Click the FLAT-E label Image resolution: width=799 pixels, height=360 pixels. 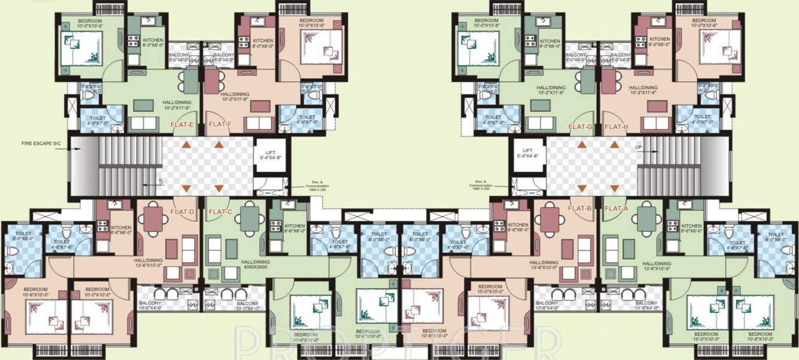pyautogui.click(x=182, y=126)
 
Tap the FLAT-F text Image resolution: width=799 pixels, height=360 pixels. pyautogui.click(x=219, y=126)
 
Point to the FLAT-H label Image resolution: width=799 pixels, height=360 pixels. pyautogui.click(x=616, y=127)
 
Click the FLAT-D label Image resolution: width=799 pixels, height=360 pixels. pyautogui.click(x=182, y=212)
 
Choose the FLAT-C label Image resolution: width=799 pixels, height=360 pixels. pyautogui.click(x=220, y=212)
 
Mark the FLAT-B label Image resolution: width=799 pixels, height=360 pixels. pyautogui.click(x=580, y=209)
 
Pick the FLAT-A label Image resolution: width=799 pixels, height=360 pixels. pyautogui.click(x=617, y=209)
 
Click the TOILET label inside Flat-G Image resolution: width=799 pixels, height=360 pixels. pyautogui.click(x=493, y=120)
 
